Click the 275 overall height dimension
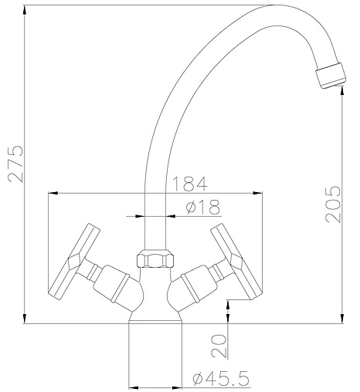coord(15,164)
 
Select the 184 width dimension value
coord(189,184)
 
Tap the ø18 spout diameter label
coord(203,207)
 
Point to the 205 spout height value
coord(332,204)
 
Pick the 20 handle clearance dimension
coord(219,346)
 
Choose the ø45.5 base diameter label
coord(221,378)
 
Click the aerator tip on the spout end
coord(331,76)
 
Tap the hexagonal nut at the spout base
coord(155,259)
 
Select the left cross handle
coord(74,262)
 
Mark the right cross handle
coord(236,262)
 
